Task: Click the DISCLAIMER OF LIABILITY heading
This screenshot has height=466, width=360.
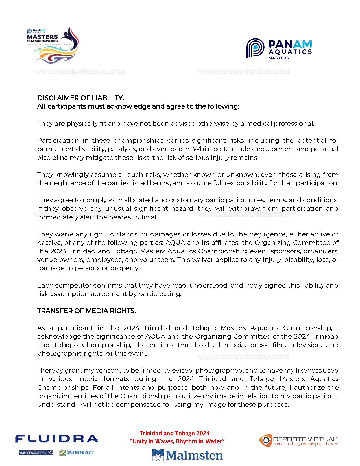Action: click(x=80, y=98)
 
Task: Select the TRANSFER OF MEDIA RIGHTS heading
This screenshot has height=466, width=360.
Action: click(x=86, y=311)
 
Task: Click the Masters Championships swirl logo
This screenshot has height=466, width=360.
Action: click(x=53, y=45)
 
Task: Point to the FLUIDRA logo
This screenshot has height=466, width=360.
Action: click(x=56, y=439)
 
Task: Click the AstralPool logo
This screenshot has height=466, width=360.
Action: click(x=36, y=453)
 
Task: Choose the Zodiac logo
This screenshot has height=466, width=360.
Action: click(x=77, y=452)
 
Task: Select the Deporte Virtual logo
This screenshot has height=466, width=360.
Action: click(x=298, y=441)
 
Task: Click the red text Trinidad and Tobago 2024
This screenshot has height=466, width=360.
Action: click(x=174, y=433)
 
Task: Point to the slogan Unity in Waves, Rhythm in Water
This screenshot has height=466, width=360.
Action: click(x=177, y=441)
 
